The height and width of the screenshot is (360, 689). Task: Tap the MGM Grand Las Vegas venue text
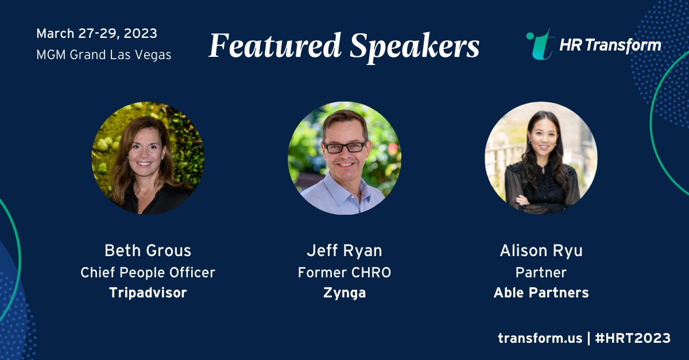click(x=103, y=55)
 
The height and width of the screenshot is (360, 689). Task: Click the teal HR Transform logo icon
click(x=539, y=45)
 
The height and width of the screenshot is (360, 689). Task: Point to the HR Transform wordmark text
click(x=610, y=45)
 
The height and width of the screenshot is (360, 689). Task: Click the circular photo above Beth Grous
click(x=148, y=158)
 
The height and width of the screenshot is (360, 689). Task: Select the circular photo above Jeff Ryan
click(x=344, y=158)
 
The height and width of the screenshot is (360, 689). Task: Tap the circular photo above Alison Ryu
click(x=541, y=158)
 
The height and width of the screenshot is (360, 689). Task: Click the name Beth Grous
click(x=148, y=250)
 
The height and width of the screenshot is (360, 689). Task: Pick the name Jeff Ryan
click(x=344, y=250)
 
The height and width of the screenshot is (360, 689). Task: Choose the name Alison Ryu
click(x=541, y=250)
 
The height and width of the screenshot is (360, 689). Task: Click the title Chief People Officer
click(x=148, y=272)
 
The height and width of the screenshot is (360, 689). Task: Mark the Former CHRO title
click(x=344, y=272)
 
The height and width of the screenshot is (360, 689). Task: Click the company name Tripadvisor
click(x=148, y=293)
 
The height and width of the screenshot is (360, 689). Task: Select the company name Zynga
click(x=344, y=293)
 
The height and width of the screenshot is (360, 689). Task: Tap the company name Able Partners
click(x=541, y=293)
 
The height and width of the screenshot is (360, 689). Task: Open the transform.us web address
click(x=539, y=338)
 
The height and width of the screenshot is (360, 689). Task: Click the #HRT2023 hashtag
click(x=632, y=338)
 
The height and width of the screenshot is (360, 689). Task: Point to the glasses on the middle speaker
click(x=344, y=147)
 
